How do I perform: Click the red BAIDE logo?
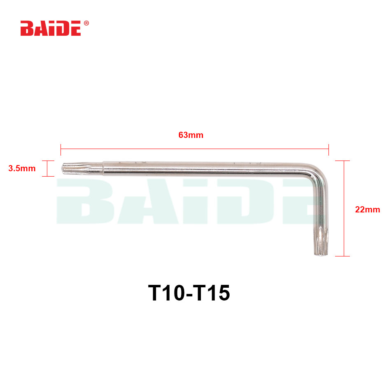pyautogui.click(x=51, y=29)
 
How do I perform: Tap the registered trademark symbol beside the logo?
pyautogui.click(x=86, y=23)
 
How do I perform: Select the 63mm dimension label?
pyautogui.click(x=191, y=135)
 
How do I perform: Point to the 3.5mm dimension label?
pyautogui.click(x=21, y=168)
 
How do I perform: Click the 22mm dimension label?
pyautogui.click(x=367, y=210)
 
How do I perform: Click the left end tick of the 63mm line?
pyautogui.click(x=61, y=149)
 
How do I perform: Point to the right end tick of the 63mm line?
pyautogui.click(x=328, y=149)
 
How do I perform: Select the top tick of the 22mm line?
pyautogui.click(x=343, y=161)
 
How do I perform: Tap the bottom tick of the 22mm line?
pyautogui.click(x=343, y=256)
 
